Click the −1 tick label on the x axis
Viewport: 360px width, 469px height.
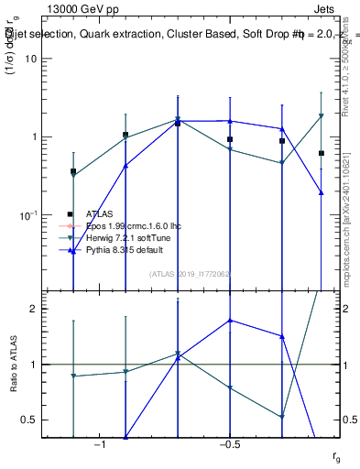tap(101, 444)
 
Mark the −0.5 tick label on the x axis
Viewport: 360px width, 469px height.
tap(229, 444)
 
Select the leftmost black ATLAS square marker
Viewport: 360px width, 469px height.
tap(73, 171)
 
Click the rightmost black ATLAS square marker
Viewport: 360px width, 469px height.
tap(322, 153)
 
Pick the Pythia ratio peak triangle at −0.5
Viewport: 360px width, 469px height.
tap(230, 321)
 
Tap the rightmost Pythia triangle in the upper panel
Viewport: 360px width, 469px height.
tap(322, 192)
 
